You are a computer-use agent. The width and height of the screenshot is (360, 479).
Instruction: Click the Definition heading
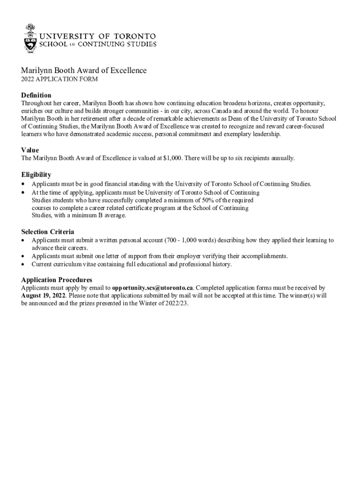tap(36, 95)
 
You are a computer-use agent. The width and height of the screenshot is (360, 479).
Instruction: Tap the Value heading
tap(30, 150)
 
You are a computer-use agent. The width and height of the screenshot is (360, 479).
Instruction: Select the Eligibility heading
tap(36, 174)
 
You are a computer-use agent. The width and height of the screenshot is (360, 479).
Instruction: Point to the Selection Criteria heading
tap(48, 232)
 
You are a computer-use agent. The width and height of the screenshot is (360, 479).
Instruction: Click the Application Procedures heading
tap(57, 280)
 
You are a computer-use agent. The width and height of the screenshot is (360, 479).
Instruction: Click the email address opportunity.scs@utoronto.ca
tap(152, 288)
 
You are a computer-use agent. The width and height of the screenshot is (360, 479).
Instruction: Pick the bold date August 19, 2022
tap(43, 296)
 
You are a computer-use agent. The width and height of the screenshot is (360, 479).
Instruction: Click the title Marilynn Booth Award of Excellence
tap(84, 71)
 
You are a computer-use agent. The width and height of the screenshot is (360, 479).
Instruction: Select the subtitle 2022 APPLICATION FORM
tap(59, 80)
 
